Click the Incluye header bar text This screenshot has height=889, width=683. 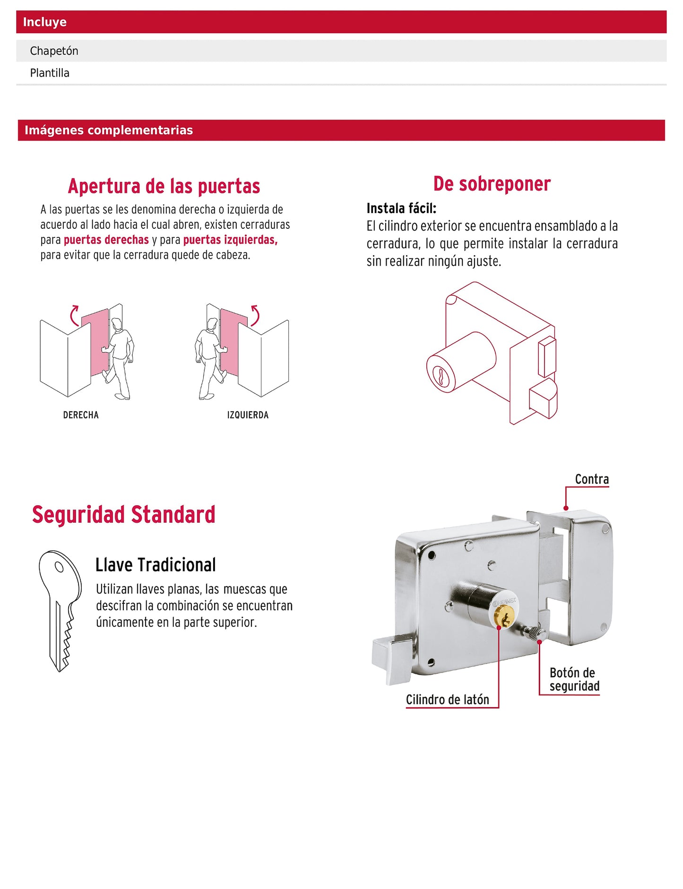[45, 22]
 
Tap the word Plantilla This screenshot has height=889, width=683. [50, 73]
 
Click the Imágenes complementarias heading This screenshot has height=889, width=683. [109, 130]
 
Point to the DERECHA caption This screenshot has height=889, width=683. [81, 415]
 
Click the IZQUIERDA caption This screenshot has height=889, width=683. [248, 415]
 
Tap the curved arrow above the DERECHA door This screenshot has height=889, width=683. [74, 316]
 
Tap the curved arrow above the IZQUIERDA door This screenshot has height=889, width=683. [255, 316]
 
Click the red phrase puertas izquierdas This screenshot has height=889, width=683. [230, 240]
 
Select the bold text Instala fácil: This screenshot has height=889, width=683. [401, 208]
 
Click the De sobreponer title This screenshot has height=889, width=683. [492, 184]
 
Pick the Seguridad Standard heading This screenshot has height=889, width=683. [124, 515]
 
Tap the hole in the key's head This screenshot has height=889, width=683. [59, 566]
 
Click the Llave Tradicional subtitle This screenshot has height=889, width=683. [156, 565]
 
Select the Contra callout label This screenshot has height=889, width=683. [592, 479]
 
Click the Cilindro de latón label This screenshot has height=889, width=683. [447, 700]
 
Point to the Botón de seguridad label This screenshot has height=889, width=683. [574, 680]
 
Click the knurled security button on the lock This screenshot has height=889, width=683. [534, 632]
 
